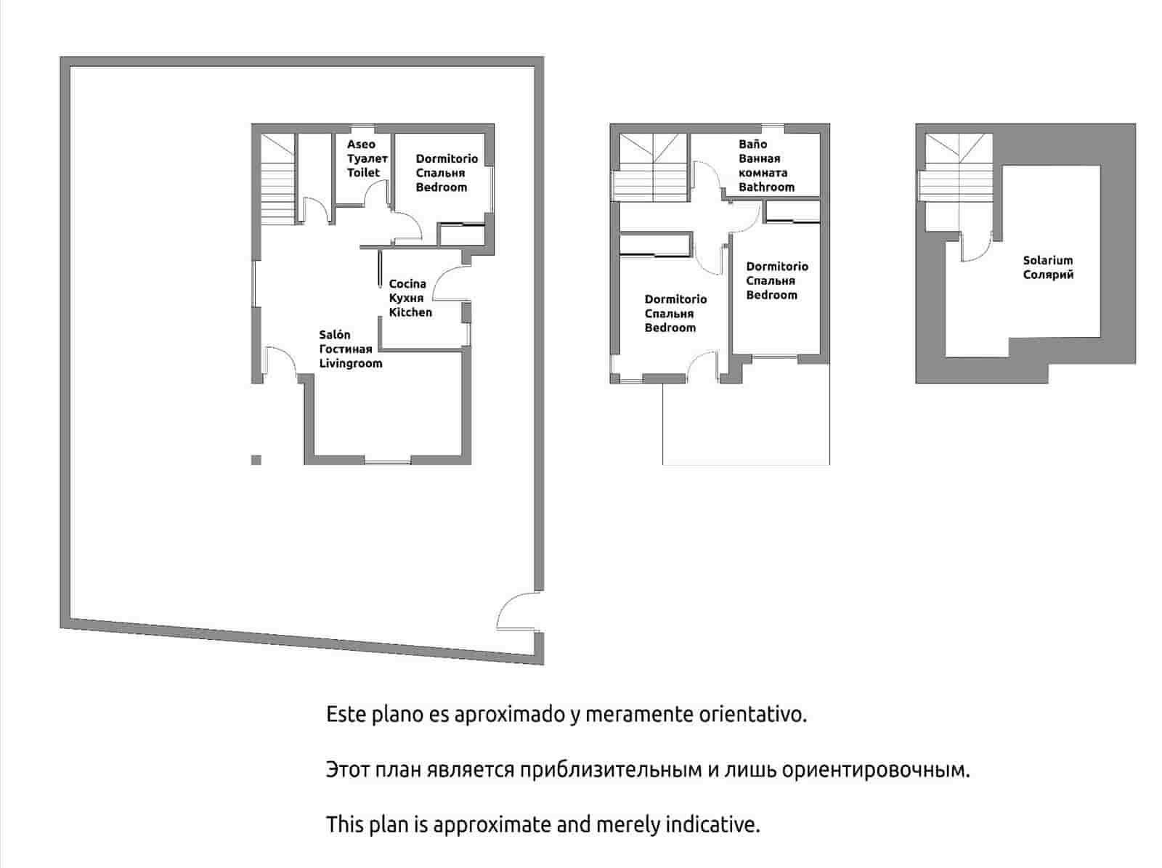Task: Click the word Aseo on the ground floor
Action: pyautogui.click(x=361, y=145)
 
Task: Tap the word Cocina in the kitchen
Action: pyautogui.click(x=407, y=284)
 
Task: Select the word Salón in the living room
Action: pyautogui.click(x=335, y=335)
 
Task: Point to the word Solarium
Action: pyautogui.click(x=1047, y=260)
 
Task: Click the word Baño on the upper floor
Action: pyautogui.click(x=752, y=145)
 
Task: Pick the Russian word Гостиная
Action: pyautogui.click(x=346, y=349)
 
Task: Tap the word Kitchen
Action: pyautogui.click(x=410, y=312)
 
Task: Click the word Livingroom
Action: pyautogui.click(x=351, y=363)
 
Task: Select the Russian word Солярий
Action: pyautogui.click(x=1048, y=275)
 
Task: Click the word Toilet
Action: pyautogui.click(x=363, y=173)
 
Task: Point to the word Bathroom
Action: pyautogui.click(x=766, y=187)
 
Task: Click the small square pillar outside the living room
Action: pyautogui.click(x=256, y=460)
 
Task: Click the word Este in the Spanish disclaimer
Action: pyautogui.click(x=346, y=714)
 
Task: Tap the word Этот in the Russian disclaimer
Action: pyautogui.click(x=349, y=770)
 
